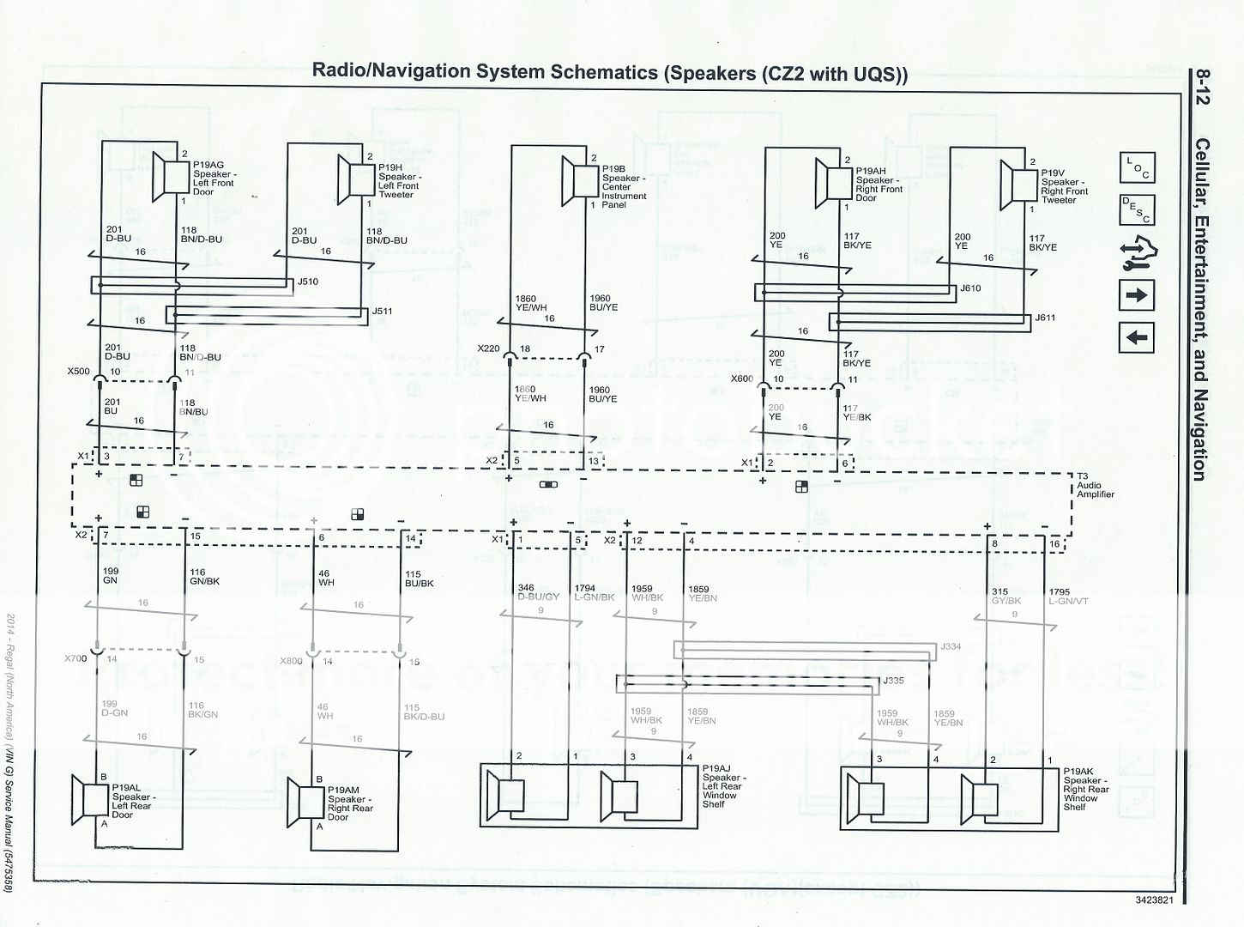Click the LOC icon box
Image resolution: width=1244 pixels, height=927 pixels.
[1136, 167]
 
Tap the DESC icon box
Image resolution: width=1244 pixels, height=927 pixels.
[1136, 209]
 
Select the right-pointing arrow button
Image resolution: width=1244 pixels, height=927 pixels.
[1136, 295]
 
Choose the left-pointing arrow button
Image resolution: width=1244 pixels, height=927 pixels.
[1136, 337]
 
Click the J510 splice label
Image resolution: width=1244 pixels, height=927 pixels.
[307, 282]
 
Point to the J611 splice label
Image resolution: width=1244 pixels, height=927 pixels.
[1045, 318]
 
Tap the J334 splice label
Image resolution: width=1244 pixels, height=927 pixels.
[951, 646]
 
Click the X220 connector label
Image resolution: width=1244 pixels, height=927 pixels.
[488, 349]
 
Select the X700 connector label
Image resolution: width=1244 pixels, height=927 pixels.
[75, 659]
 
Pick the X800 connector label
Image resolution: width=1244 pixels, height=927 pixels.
[291, 661]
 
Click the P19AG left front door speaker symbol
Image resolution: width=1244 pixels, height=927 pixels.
[170, 175]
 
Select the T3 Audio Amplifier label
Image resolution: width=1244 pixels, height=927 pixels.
[1096, 485]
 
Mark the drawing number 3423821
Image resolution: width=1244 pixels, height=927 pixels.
[1154, 900]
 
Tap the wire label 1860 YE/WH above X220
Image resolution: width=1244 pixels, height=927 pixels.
[530, 303]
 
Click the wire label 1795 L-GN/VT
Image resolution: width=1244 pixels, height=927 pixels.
[1067, 597]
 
